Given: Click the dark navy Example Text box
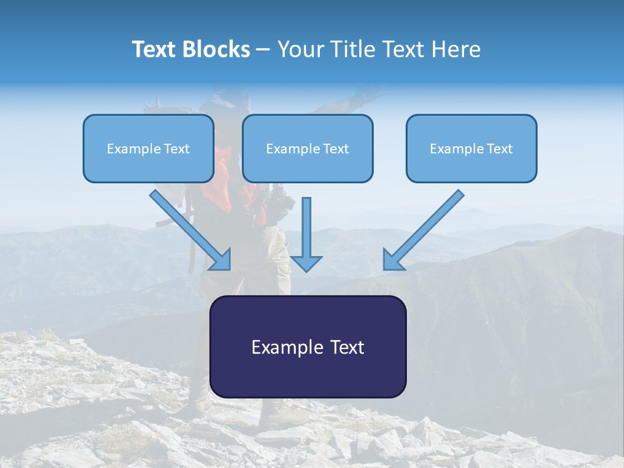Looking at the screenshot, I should pos(307,377).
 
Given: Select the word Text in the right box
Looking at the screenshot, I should pos(499,149).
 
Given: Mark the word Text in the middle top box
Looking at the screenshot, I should pos(335,149).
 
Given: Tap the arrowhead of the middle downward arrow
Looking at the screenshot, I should pos(306,263).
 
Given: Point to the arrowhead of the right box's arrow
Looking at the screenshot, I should pos(393,261).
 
